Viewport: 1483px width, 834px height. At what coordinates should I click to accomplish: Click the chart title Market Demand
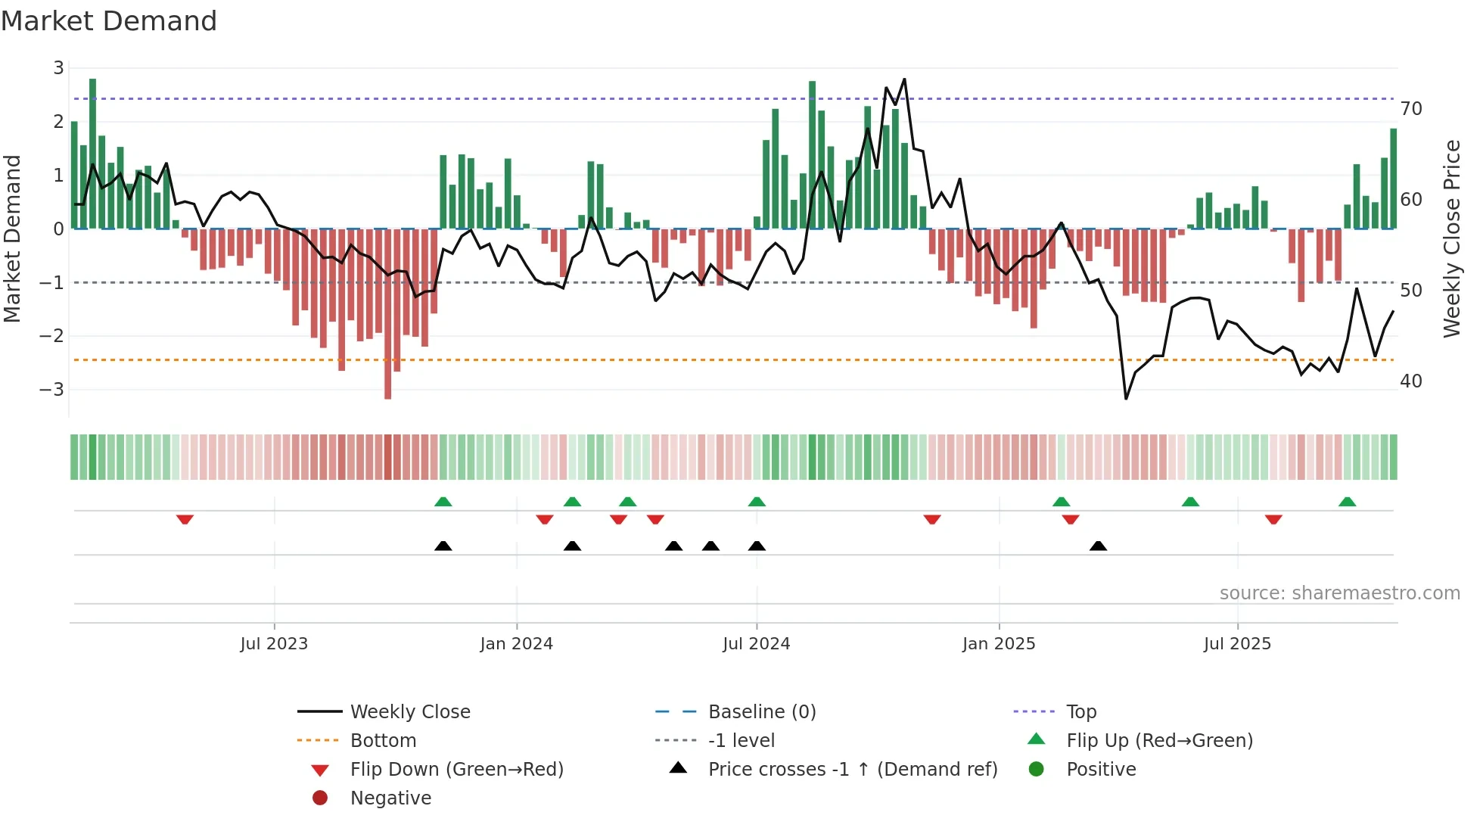pyautogui.click(x=109, y=21)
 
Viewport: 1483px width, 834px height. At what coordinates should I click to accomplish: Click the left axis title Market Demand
pyautogui.click(x=12, y=239)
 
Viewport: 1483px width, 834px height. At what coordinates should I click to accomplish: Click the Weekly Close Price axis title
pyautogui.click(x=1451, y=239)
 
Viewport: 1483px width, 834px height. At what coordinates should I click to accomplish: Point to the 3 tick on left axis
pyautogui.click(x=58, y=68)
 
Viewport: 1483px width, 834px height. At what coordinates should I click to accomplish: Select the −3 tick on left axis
pyautogui.click(x=52, y=390)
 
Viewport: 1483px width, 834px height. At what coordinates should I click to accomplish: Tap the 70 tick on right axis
pyautogui.click(x=1410, y=109)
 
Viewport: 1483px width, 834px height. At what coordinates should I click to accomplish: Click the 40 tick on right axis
pyautogui.click(x=1410, y=381)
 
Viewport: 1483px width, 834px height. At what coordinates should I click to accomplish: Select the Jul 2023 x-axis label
pyautogui.click(x=274, y=644)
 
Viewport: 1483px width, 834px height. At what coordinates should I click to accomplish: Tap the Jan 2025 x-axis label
pyautogui.click(x=999, y=644)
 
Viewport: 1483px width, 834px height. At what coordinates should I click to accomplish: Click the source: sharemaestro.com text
pyautogui.click(x=1339, y=593)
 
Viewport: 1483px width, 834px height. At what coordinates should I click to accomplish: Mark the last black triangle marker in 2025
pyautogui.click(x=1098, y=546)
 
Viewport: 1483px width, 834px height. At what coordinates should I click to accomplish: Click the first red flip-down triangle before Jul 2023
pyautogui.click(x=185, y=519)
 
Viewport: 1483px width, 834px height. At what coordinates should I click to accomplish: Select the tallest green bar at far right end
pyautogui.click(x=1393, y=179)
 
